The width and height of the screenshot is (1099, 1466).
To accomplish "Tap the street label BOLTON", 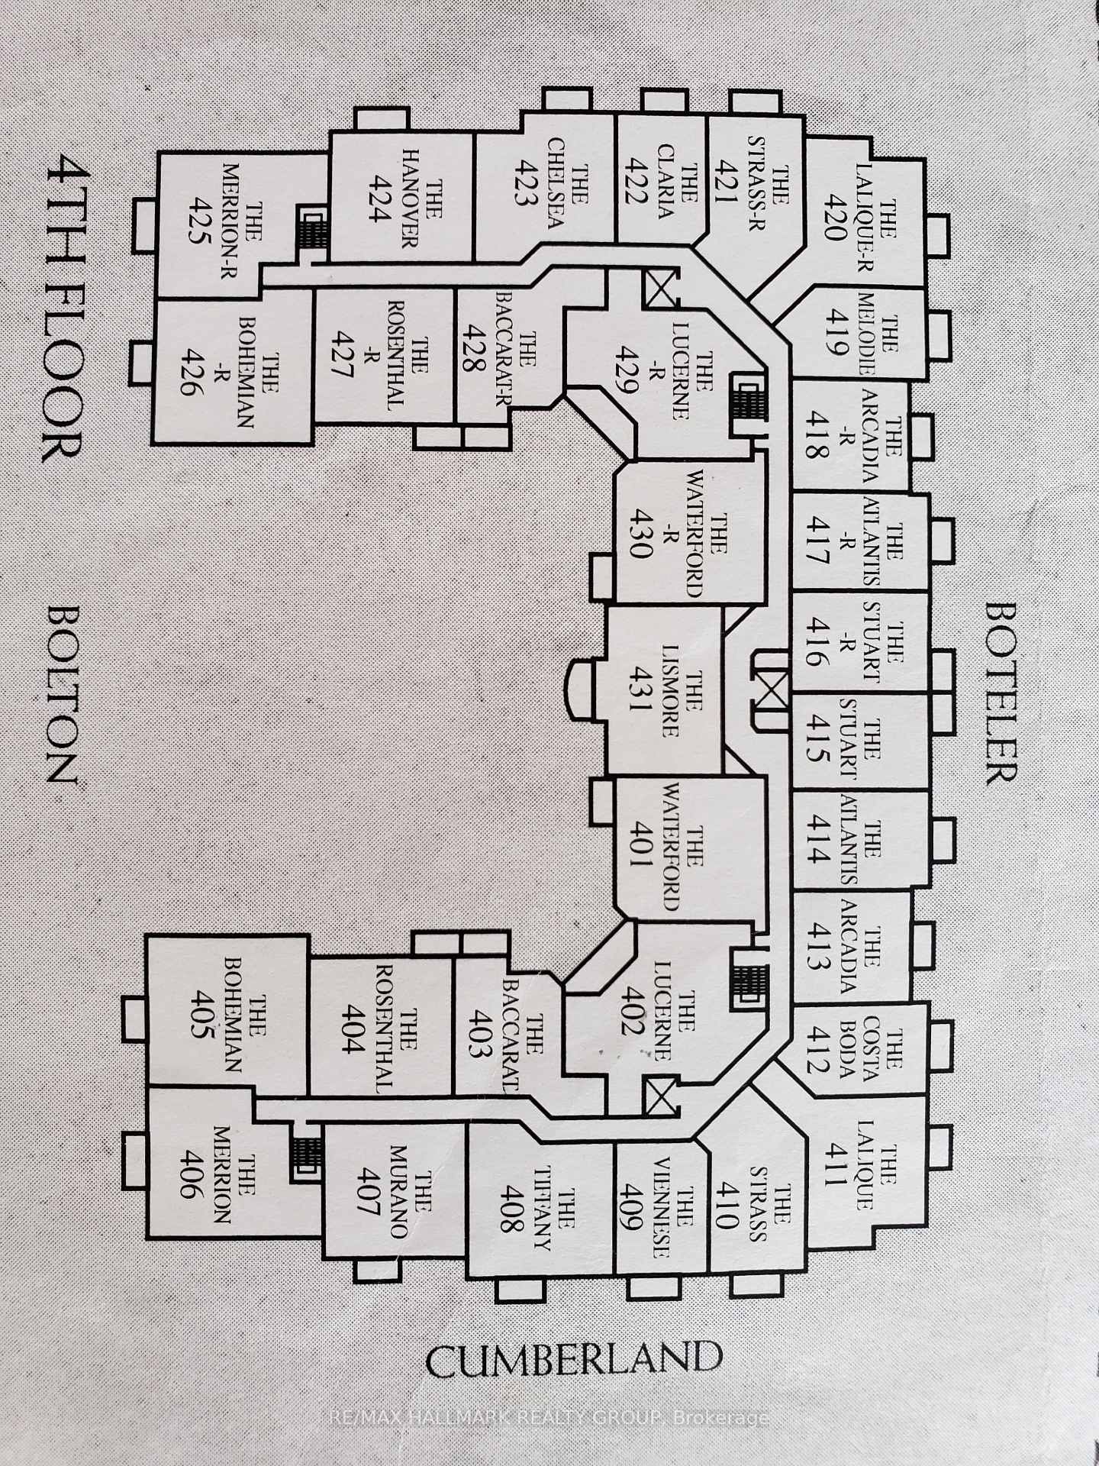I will tap(62, 695).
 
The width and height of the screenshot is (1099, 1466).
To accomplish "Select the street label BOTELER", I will tap(1001, 693).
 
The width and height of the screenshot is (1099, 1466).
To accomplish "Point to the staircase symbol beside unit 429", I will tap(746, 398).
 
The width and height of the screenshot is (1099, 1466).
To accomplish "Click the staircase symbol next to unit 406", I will tap(306, 1152).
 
